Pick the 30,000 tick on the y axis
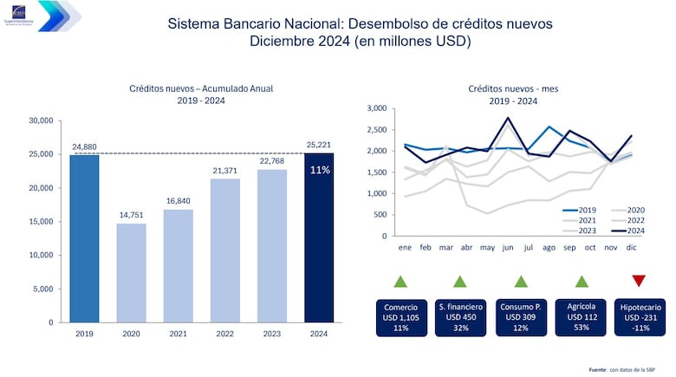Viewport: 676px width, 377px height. (42, 120)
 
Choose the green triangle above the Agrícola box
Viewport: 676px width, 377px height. (582, 280)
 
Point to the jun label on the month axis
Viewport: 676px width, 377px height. (507, 247)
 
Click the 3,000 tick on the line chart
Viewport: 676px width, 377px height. (374, 108)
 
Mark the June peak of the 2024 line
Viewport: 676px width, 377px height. (508, 118)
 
